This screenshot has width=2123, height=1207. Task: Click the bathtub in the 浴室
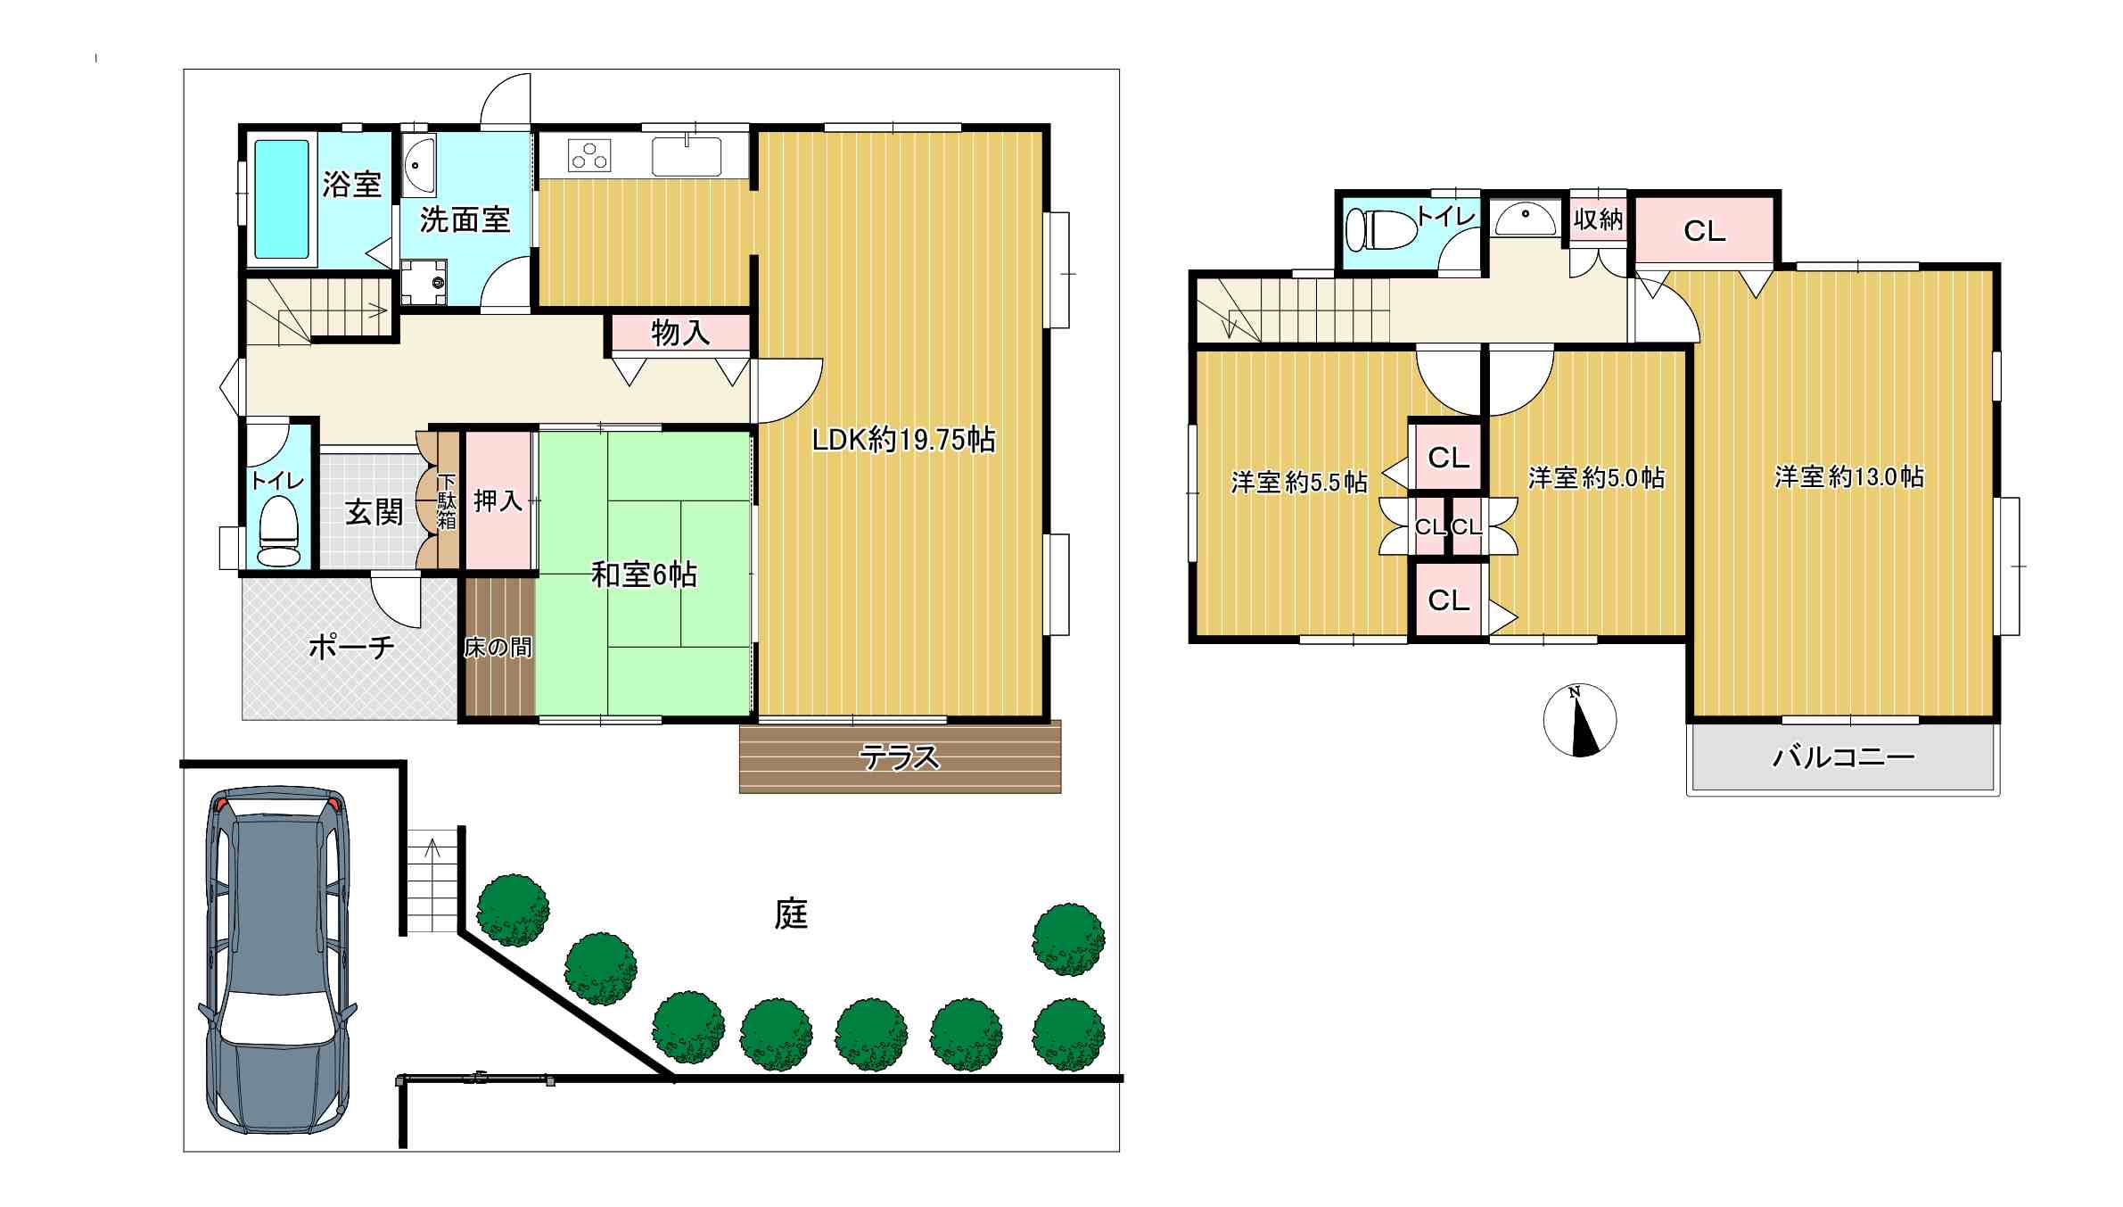[x=282, y=199]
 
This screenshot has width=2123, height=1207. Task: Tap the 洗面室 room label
[x=465, y=219]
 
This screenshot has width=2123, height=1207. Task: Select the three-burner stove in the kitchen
[x=589, y=156]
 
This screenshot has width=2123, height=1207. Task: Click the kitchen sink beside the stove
[x=687, y=157]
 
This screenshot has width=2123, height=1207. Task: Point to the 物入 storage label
[x=680, y=333]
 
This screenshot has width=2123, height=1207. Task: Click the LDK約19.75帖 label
[x=903, y=439]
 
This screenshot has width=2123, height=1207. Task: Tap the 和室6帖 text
[x=645, y=575]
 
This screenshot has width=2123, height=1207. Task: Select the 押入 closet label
[x=498, y=500]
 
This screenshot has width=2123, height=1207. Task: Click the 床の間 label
[x=498, y=648]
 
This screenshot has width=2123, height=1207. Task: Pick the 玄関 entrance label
[x=374, y=512]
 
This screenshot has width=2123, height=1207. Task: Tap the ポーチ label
[x=351, y=647]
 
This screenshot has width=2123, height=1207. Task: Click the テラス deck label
[x=899, y=757]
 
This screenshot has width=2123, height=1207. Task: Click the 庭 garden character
[x=791, y=914]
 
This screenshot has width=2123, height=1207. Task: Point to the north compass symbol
[x=1579, y=720]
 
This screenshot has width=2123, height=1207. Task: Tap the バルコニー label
[x=1843, y=757]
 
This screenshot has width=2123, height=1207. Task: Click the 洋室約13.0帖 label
[x=1848, y=476]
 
